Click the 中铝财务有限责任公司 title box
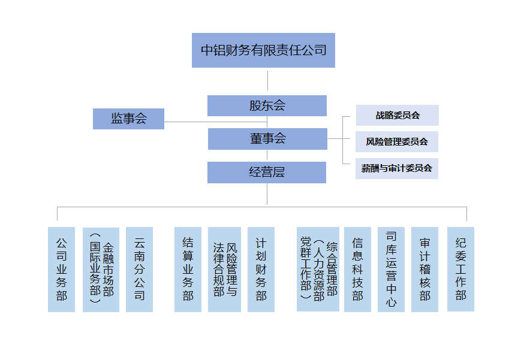263,50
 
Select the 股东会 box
267,106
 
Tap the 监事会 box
128,119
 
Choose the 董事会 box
267,139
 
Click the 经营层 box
267,173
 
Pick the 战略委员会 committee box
397,115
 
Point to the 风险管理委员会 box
397,142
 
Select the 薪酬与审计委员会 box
397,168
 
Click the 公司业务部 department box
61,269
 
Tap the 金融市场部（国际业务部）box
101,269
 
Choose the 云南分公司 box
139,269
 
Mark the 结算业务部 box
188,269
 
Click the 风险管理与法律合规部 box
224,269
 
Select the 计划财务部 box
261,269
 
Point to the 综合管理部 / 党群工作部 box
318,269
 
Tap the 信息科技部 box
357,269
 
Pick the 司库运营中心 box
391,269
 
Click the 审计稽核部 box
424,269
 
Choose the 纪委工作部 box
460,269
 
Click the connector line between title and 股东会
267,81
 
